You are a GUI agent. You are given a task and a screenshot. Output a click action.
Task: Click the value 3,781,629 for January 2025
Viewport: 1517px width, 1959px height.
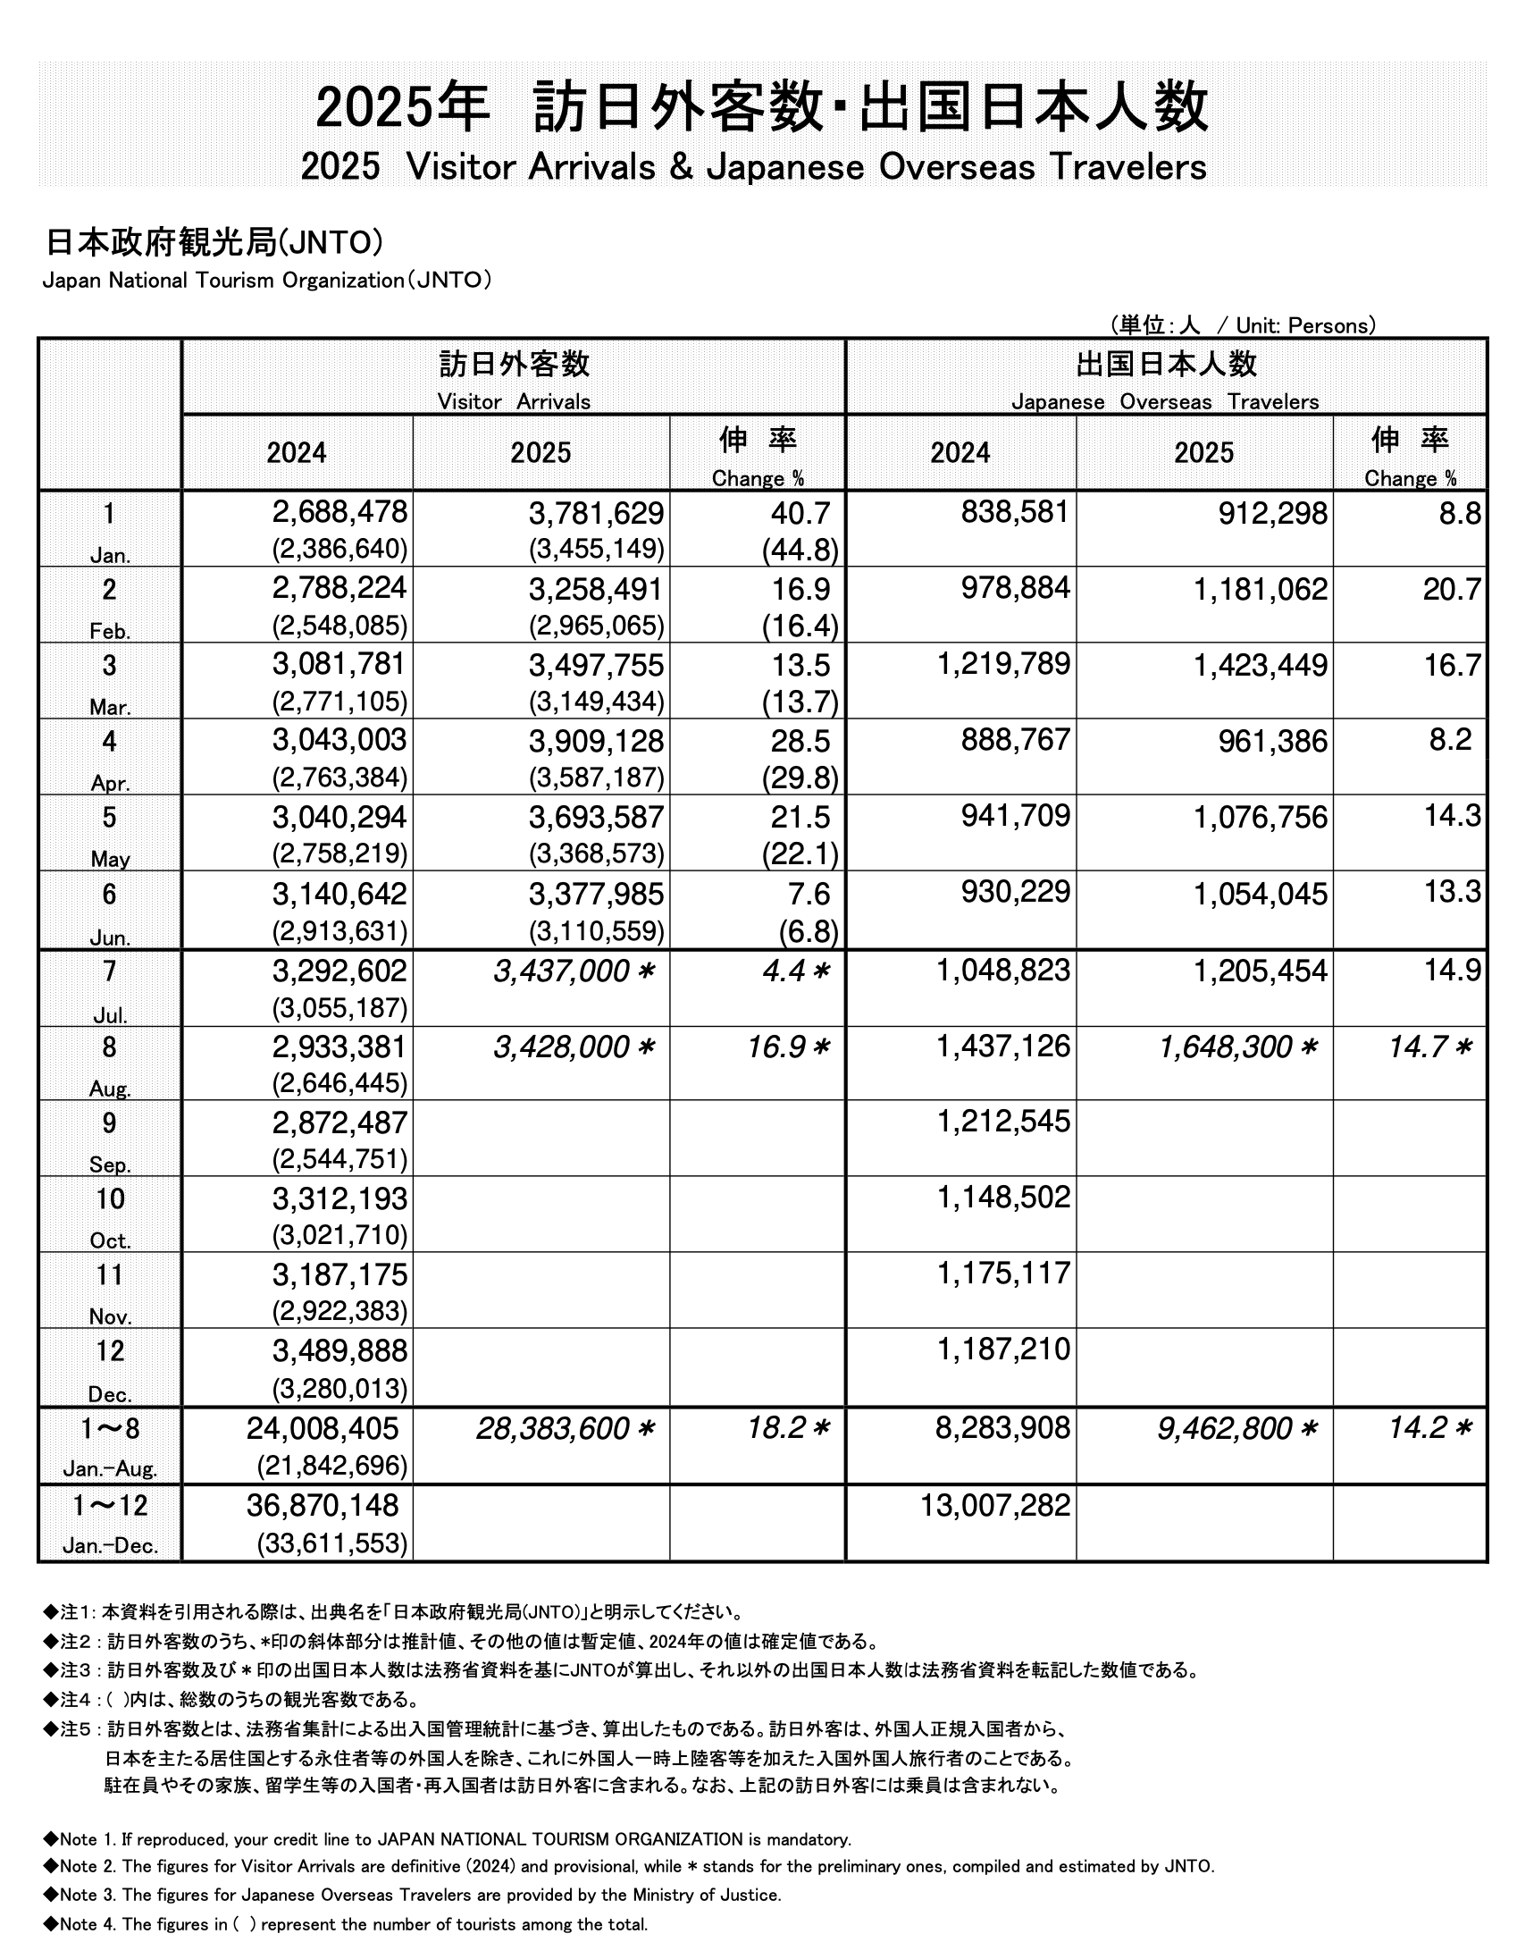point(595,513)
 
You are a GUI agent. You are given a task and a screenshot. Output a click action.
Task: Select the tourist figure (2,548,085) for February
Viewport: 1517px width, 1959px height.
point(339,626)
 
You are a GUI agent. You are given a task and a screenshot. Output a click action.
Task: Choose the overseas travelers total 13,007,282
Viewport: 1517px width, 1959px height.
point(995,1505)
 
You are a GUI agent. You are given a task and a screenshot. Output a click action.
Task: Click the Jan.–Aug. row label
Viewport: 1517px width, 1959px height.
point(109,1469)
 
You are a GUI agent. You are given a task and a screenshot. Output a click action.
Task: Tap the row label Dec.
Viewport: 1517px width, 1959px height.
point(109,1394)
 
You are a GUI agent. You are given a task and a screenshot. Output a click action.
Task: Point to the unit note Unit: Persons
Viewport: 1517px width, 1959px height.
point(1303,325)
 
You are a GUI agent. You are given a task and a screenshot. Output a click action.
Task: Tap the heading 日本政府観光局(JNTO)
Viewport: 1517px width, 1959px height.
point(214,242)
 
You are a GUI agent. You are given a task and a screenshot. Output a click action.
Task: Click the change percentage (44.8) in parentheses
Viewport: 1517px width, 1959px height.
point(800,549)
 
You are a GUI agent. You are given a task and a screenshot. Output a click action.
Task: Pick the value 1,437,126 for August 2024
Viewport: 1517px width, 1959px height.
point(1003,1046)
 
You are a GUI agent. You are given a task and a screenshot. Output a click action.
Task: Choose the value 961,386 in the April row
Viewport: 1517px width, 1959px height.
point(1272,741)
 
